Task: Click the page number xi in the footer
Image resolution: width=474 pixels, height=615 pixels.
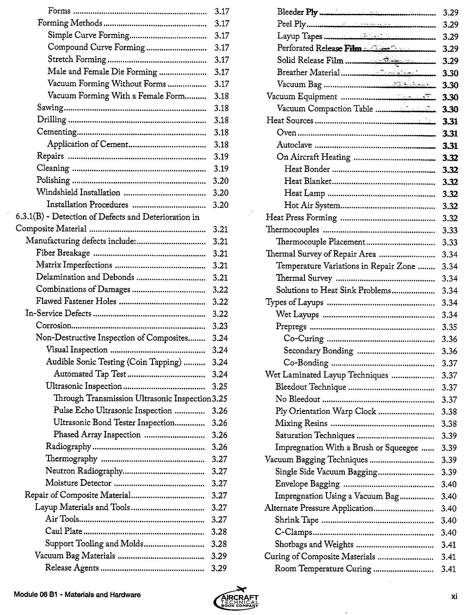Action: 454,596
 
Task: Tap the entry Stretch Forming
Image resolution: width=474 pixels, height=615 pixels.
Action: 77,59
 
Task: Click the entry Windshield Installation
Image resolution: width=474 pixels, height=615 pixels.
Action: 78,192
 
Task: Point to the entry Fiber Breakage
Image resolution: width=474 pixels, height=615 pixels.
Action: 63,253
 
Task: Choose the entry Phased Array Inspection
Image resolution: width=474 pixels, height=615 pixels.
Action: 97,434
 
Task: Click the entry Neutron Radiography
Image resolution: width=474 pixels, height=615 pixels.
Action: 84,471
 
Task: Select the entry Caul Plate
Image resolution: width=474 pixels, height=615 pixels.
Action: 64,531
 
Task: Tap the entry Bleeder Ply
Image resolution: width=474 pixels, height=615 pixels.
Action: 297,12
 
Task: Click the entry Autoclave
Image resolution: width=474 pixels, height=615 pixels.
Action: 294,145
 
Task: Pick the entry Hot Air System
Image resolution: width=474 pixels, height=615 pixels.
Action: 312,205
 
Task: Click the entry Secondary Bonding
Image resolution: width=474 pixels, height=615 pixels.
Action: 318,351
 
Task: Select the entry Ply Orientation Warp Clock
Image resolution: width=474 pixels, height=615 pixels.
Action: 326,411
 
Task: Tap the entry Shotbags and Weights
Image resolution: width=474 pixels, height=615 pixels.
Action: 314,544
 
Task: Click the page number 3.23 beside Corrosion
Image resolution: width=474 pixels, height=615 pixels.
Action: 220,326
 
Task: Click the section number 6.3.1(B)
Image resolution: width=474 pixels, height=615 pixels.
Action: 30,217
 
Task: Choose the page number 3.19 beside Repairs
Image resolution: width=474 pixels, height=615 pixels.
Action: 221,156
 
